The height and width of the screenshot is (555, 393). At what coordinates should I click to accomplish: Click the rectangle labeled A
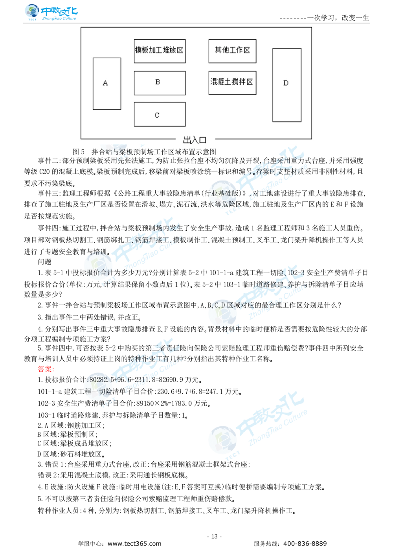point(107,84)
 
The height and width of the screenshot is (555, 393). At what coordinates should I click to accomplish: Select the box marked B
point(160,83)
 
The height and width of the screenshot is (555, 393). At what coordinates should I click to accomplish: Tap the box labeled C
point(160,114)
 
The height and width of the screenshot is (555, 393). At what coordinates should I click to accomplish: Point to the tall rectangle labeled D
point(286,85)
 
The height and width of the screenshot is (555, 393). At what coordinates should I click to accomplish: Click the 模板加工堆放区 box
point(160,51)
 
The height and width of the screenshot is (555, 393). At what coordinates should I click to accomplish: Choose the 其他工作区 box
point(232,51)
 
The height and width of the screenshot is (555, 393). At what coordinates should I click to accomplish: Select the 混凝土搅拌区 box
point(232,82)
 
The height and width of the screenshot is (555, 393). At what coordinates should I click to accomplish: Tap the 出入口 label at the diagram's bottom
point(195,140)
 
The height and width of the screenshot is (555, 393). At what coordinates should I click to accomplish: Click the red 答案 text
point(45,369)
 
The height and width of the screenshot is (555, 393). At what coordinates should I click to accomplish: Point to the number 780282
point(96,380)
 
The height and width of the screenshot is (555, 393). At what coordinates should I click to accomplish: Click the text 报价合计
point(96,272)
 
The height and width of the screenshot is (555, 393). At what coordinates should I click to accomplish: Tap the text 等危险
point(224,204)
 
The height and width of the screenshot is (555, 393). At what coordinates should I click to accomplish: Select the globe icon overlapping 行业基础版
point(222,194)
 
